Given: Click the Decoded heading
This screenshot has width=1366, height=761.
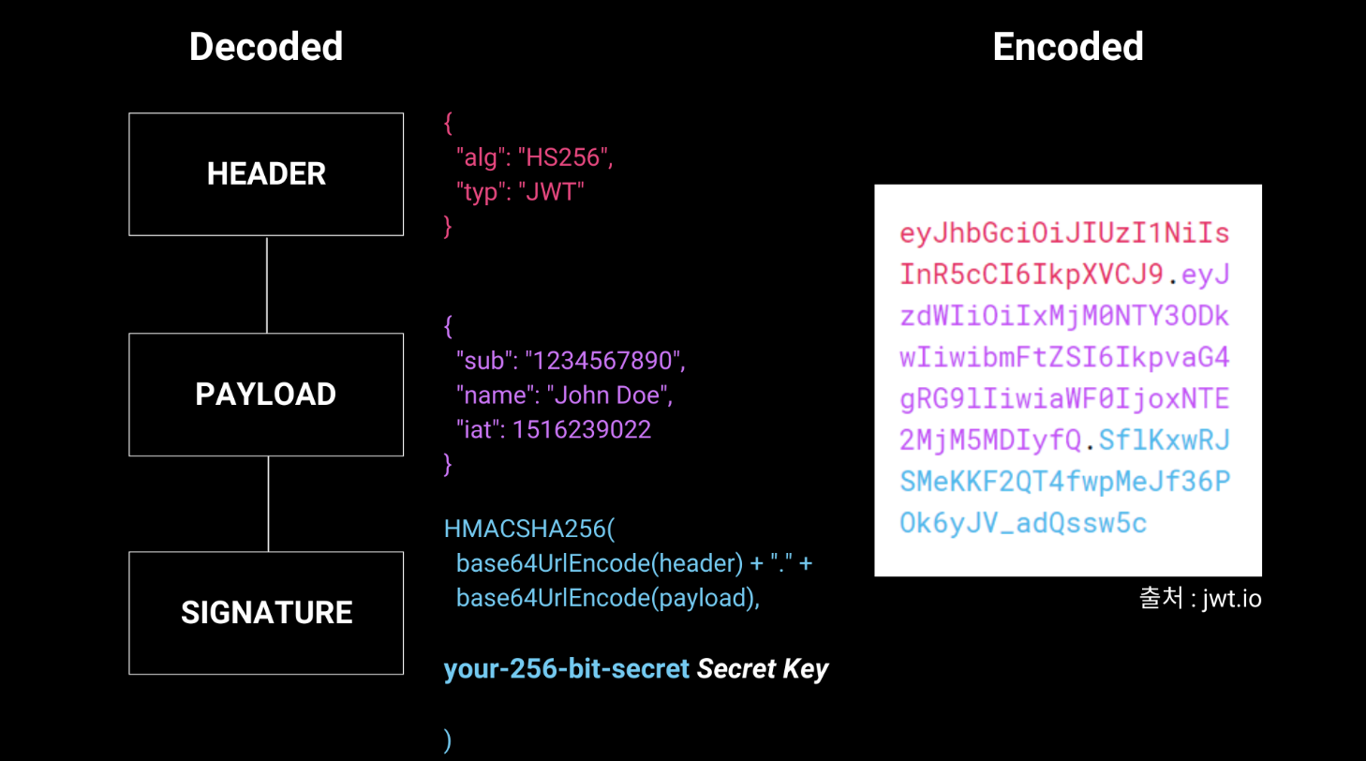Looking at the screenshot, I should click(266, 47).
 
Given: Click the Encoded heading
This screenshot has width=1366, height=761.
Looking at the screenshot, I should click(1067, 47).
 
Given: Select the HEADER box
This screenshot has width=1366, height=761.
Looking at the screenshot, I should click(266, 174).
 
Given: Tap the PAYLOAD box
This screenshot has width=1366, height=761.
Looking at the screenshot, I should click(266, 395).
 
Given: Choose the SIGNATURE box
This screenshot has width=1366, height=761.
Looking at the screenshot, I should click(266, 613).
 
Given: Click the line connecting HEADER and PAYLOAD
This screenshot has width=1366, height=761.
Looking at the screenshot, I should click(267, 285).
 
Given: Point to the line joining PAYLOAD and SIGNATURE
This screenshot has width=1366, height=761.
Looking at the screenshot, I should click(269, 504).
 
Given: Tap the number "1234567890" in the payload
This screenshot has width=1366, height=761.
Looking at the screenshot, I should click(605, 361).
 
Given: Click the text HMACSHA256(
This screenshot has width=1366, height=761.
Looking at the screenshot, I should click(529, 529).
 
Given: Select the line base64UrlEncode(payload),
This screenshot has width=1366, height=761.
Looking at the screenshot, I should click(607, 598).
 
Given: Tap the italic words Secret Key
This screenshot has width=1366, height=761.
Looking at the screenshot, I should click(763, 669).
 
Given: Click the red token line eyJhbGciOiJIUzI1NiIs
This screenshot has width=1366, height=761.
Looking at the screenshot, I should click(1064, 233).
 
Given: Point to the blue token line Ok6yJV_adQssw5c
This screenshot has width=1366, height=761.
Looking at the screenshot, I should click(1023, 523).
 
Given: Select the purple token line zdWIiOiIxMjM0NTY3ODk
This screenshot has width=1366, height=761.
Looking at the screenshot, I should click(1064, 317).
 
